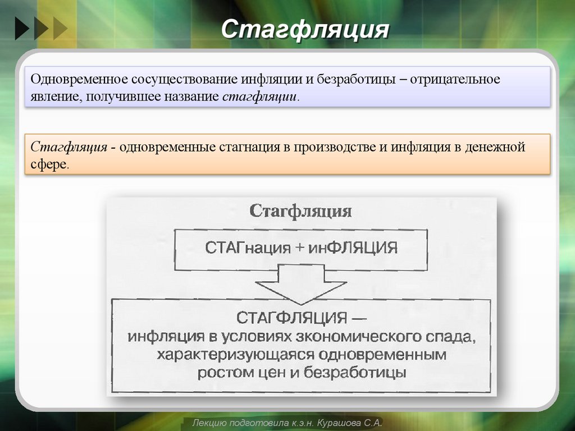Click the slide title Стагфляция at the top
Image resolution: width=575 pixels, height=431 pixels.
(304, 30)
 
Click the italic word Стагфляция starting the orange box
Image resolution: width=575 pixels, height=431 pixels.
(69, 147)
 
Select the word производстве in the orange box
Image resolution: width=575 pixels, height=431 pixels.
(328, 147)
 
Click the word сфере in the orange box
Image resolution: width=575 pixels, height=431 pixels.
(49, 164)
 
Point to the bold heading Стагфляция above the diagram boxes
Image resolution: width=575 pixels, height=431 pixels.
(300, 212)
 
